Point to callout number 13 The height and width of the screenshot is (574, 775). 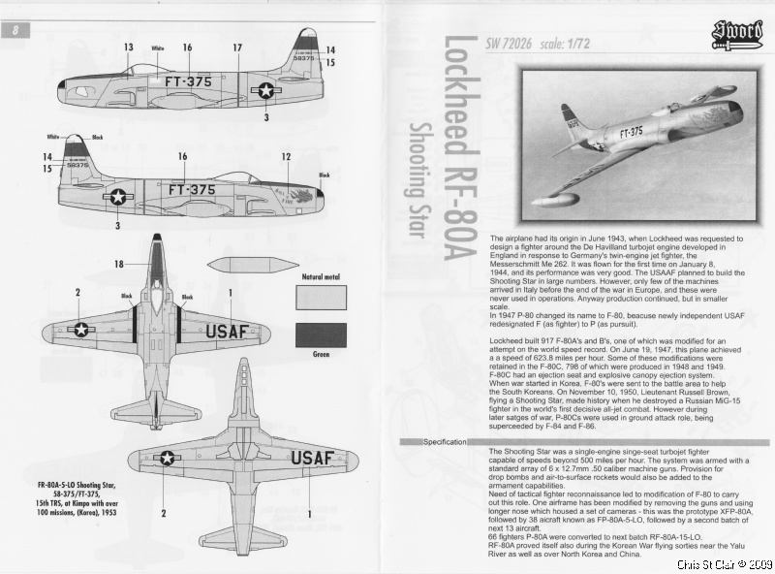pos(129,48)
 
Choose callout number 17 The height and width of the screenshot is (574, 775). pos(236,48)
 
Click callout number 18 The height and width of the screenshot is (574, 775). pos(119,264)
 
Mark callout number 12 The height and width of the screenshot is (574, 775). pos(285,156)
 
